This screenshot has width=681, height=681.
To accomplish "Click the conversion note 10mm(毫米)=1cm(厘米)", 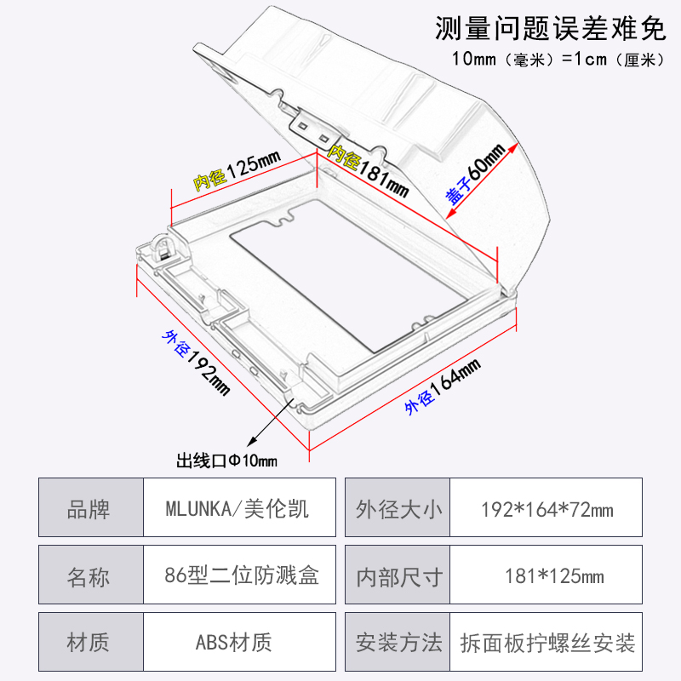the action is tap(557, 60).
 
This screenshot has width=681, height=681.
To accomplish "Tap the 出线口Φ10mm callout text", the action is tap(226, 461).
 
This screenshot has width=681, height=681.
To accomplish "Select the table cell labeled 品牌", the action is tap(89, 509).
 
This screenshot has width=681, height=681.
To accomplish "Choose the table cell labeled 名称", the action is tap(89, 576).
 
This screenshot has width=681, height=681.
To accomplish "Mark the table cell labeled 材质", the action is tap(89, 642).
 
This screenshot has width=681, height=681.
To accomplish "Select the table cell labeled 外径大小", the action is tap(398, 509).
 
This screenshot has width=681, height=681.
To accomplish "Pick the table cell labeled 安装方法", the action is tap(398, 642).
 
